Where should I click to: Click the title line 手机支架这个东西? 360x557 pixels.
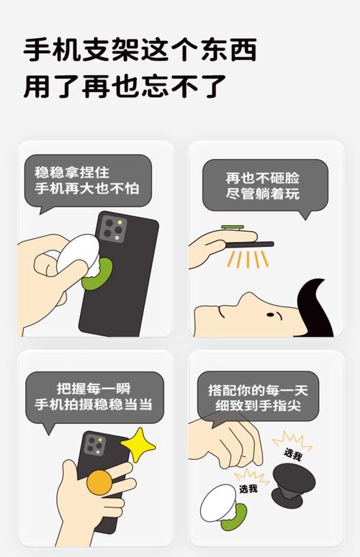140,50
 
